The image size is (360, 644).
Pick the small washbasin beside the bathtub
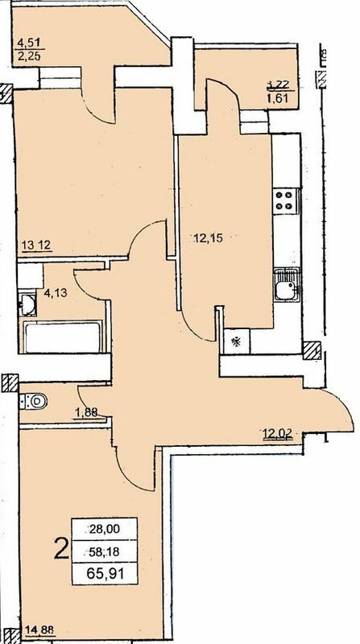[25, 304]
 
